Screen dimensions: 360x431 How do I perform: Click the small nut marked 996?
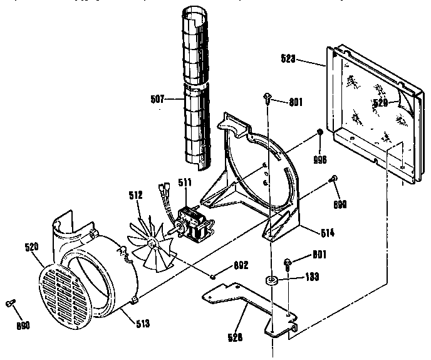(x=319, y=132)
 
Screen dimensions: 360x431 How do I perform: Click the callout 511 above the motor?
(x=185, y=183)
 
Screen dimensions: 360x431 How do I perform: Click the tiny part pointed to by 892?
(x=214, y=274)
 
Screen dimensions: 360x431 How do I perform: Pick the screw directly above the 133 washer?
(x=288, y=262)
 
